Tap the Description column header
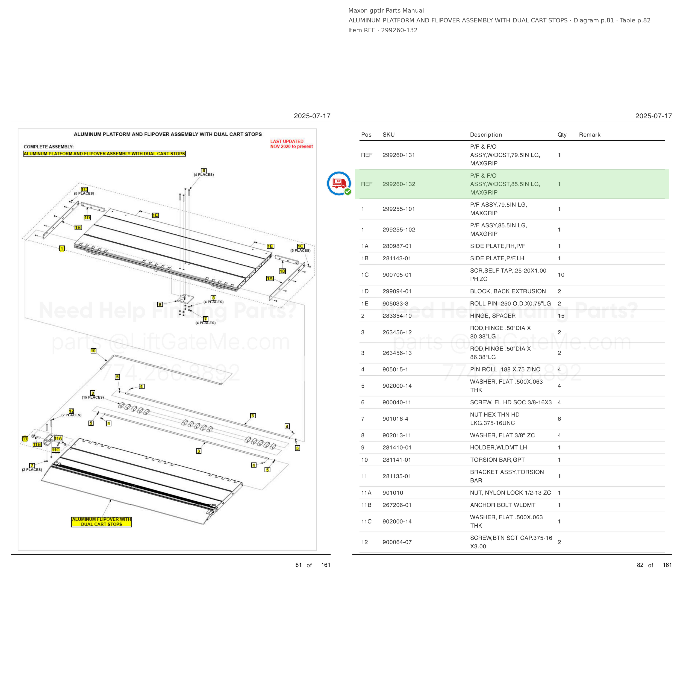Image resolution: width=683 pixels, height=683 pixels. tap(486, 135)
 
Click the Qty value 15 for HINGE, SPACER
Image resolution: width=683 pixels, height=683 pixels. tap(561, 316)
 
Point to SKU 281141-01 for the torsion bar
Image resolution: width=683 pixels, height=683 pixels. tap(397, 460)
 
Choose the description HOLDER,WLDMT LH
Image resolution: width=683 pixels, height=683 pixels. tap(499, 448)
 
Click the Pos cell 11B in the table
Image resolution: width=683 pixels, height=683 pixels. tap(366, 505)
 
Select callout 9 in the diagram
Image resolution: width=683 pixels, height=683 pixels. tap(160, 304)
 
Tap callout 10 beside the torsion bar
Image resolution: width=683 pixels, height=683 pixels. tap(93, 351)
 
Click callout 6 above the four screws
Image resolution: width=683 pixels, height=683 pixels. tap(204, 170)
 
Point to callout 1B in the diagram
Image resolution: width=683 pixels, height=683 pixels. tap(78, 227)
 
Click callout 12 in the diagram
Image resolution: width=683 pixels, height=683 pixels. tap(71, 411)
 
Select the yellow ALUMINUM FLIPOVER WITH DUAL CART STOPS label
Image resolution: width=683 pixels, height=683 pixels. tap(101, 522)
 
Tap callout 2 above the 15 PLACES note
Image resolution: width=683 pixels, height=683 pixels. tap(93, 393)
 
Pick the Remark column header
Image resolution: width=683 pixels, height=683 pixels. tap(590, 135)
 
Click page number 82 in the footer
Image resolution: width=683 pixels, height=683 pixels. tap(640, 565)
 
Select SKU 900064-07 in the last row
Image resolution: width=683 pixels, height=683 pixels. tap(397, 542)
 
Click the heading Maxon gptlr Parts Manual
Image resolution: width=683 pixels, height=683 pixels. tap(386, 11)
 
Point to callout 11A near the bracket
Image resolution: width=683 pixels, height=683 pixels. tap(58, 438)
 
